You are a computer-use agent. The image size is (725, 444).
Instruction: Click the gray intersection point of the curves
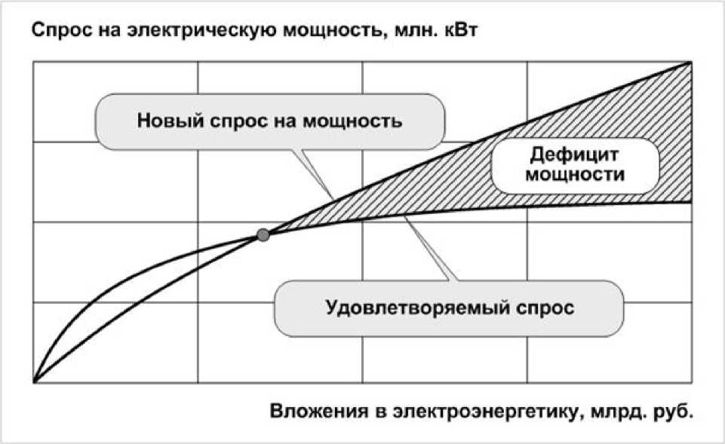(263, 235)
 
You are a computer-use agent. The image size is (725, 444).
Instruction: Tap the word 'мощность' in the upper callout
(358, 121)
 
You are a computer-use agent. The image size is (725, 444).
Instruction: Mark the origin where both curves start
(34, 381)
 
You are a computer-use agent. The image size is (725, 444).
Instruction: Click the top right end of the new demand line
(692, 63)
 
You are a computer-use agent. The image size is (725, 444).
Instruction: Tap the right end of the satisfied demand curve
(692, 201)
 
